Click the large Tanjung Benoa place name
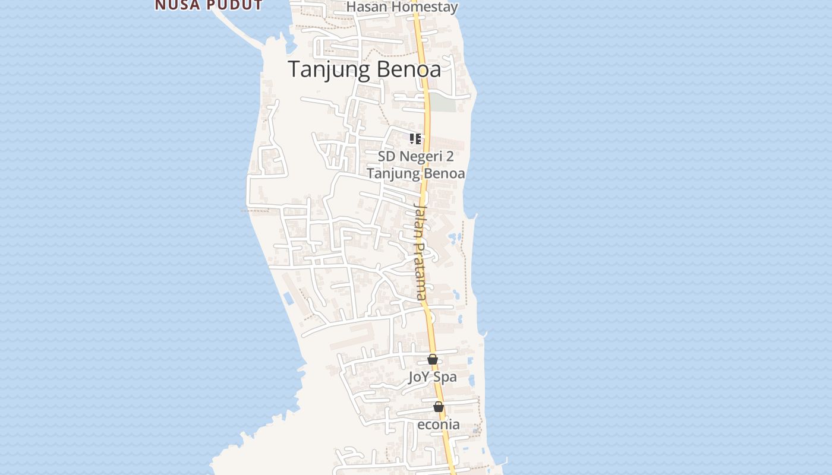click(364, 69)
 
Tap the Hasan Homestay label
click(402, 7)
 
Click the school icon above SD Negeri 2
click(415, 139)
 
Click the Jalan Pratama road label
click(420, 251)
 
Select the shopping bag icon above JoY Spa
click(433, 359)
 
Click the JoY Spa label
click(432, 377)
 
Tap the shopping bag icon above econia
click(439, 407)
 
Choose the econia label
click(438, 425)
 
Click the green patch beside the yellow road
click(443, 102)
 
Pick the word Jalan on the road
click(420, 218)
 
